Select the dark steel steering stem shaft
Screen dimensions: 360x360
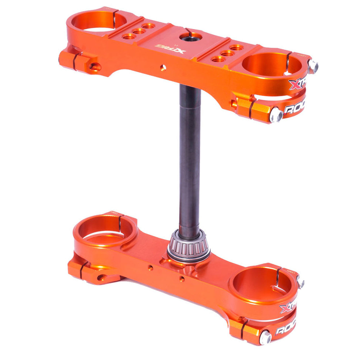pos(190,156)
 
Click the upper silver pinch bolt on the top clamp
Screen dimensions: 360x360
pos(313,66)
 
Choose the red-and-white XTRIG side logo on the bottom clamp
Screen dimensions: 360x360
pos(289,306)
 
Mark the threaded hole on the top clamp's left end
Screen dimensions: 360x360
pos(95,67)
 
